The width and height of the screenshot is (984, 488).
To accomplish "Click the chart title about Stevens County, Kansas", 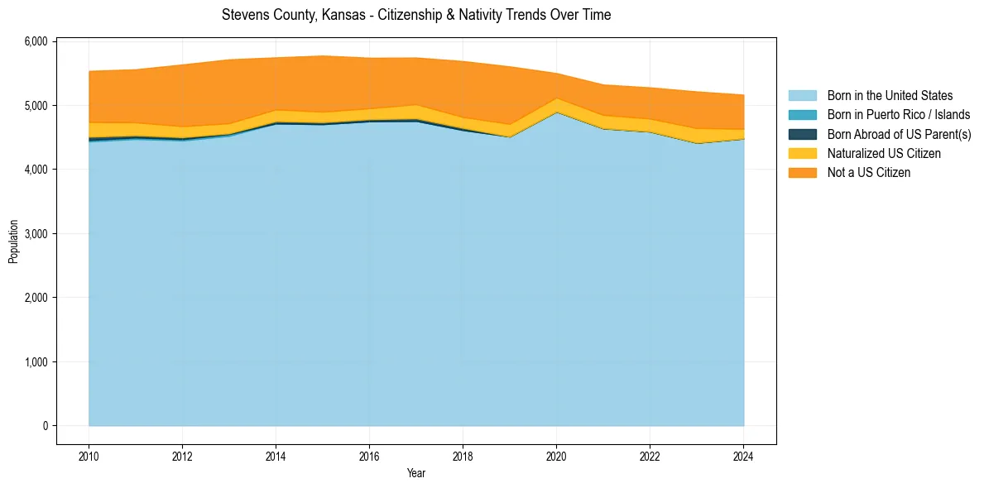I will point(416,15).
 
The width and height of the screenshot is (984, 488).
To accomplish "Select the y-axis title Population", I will point(13,242).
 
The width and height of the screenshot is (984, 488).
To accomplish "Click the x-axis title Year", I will point(416,473).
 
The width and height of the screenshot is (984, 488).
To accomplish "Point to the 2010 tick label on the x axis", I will point(89,455).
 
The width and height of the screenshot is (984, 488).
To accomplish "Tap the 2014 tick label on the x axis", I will point(276,455).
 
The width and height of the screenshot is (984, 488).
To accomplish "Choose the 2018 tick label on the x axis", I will point(463,455).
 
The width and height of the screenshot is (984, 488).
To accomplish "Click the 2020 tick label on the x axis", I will point(556,455).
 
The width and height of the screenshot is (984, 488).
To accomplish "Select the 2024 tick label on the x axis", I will point(743,455).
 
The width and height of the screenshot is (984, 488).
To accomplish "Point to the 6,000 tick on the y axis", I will point(36,41).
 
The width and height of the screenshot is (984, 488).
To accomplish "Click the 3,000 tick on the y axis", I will point(36,234).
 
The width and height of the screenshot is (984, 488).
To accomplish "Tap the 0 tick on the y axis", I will point(45,426).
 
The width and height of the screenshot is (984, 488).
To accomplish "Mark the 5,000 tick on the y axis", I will point(36,106).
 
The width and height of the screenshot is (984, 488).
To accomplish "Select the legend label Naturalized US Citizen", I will point(884,154).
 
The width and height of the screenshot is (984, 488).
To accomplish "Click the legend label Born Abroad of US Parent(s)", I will point(899,135).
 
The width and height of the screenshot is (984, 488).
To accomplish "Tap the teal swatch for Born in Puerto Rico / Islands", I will point(802,115).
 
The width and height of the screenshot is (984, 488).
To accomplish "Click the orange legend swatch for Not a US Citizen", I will point(802,173).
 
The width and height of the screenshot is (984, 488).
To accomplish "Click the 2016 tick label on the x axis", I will point(369,455).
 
